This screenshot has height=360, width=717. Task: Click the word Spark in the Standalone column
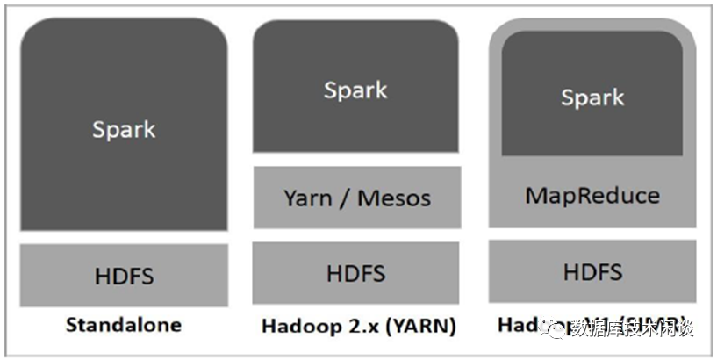(x=123, y=129)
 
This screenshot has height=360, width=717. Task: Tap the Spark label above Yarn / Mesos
(x=355, y=90)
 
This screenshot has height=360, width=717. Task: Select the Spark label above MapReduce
(x=592, y=97)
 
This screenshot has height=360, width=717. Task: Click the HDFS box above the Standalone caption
(x=124, y=275)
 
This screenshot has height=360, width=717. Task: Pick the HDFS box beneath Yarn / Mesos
(x=355, y=272)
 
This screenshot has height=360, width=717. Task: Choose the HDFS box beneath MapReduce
(x=592, y=271)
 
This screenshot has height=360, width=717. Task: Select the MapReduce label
(x=592, y=194)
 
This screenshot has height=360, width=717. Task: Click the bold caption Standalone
(x=124, y=325)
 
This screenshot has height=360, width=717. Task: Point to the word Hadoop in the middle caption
(x=298, y=327)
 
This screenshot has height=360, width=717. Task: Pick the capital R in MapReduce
(x=577, y=194)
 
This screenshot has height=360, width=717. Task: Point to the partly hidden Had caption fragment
(x=513, y=324)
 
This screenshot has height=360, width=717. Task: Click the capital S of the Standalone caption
(x=71, y=325)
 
